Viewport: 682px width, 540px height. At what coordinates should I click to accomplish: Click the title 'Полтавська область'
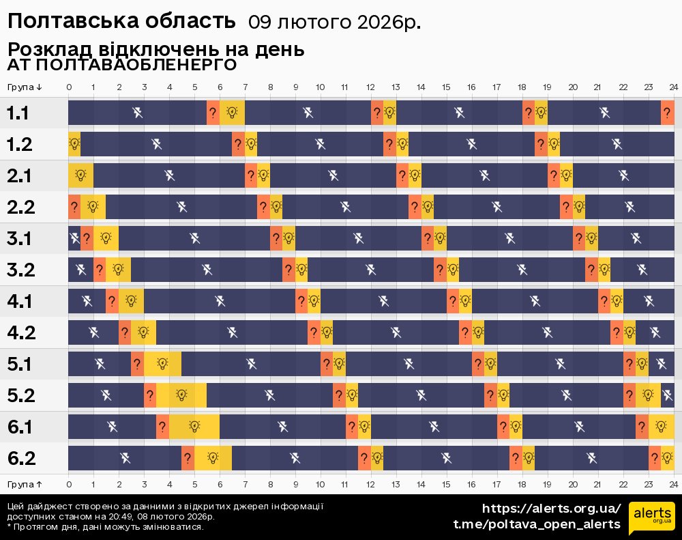(x=121, y=21)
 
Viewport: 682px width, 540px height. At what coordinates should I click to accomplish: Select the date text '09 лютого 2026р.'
(x=334, y=23)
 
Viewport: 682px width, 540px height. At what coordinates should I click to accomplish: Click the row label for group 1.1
(x=18, y=113)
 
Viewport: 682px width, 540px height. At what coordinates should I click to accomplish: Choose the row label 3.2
(x=20, y=270)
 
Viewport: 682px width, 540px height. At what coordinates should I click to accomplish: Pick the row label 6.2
(x=20, y=458)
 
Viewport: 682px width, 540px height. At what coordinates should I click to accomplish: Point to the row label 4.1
(x=20, y=301)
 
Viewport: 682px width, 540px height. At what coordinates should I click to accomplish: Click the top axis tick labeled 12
(x=370, y=87)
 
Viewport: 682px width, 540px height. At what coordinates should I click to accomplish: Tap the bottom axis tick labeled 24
(x=673, y=484)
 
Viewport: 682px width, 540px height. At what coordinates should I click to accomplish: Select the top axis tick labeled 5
(x=194, y=87)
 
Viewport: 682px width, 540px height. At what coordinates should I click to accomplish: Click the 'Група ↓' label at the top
(x=25, y=87)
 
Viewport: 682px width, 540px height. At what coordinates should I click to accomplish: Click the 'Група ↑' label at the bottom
(x=25, y=484)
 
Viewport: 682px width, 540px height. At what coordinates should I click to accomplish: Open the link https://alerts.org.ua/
(x=551, y=509)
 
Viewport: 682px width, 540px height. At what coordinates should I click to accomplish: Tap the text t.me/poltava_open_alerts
(x=537, y=524)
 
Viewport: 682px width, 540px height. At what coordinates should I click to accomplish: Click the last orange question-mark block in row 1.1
(x=667, y=113)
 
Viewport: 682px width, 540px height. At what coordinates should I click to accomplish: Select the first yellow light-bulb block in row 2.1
(x=80, y=175)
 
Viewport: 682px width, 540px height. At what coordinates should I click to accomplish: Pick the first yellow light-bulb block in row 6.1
(x=194, y=427)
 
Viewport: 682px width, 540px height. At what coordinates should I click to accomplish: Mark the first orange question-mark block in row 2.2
(x=74, y=207)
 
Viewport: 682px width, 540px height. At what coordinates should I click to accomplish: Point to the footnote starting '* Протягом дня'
(x=106, y=527)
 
